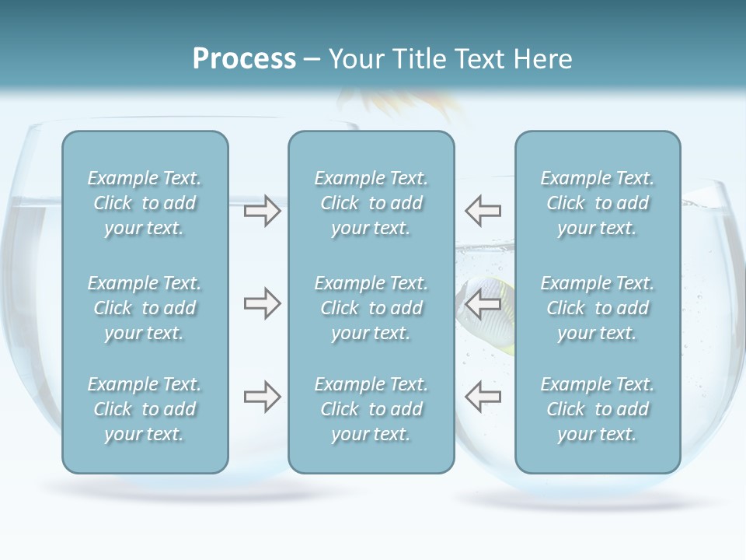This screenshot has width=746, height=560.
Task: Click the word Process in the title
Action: tap(244, 59)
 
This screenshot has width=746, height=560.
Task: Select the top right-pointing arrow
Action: tap(262, 211)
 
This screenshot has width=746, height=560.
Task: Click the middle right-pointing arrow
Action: tap(262, 303)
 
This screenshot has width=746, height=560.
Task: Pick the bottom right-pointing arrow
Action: tap(262, 397)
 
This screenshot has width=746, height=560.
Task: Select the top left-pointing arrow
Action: tap(483, 211)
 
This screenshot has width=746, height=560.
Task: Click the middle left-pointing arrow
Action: tap(483, 303)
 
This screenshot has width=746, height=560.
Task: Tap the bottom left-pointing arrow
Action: tap(483, 397)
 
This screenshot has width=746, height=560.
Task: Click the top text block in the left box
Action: tap(145, 203)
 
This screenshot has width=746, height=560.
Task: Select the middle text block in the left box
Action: tap(145, 308)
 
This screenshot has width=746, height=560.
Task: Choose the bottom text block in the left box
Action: tap(145, 409)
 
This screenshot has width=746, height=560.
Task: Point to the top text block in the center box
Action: tap(371, 203)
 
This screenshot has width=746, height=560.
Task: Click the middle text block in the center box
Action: tap(371, 308)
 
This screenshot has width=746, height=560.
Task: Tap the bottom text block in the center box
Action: tap(371, 409)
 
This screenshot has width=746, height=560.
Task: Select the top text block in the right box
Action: tap(598, 203)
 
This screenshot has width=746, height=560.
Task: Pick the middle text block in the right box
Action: tap(598, 308)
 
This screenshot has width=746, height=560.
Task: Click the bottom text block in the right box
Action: tap(598, 409)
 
